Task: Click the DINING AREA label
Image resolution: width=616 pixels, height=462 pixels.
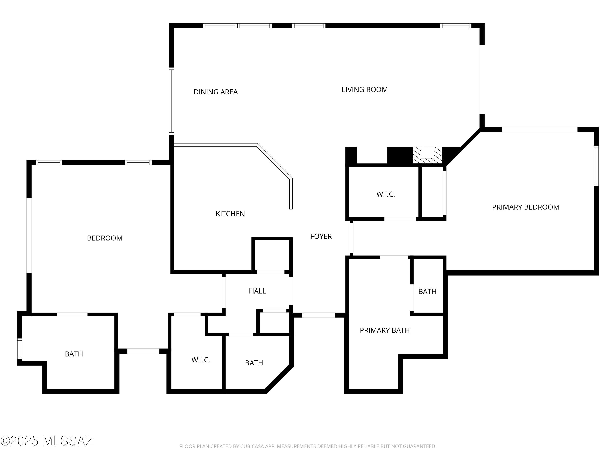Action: pyautogui.click(x=216, y=92)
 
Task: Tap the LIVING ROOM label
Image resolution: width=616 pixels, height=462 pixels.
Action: pyautogui.click(x=365, y=90)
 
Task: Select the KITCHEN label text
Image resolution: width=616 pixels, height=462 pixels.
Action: pyautogui.click(x=230, y=214)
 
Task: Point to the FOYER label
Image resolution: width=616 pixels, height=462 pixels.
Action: pyautogui.click(x=321, y=236)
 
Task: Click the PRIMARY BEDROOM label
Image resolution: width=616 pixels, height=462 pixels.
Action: pyautogui.click(x=526, y=207)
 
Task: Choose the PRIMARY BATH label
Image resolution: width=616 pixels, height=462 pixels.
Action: pyautogui.click(x=385, y=330)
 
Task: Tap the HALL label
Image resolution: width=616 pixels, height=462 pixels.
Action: pyautogui.click(x=257, y=291)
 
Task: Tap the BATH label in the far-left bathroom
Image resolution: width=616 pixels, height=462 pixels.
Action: pyautogui.click(x=74, y=354)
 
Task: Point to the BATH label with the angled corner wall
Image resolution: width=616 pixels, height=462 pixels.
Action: pyautogui.click(x=254, y=363)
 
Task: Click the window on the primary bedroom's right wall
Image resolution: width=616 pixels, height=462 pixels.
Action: pyautogui.click(x=596, y=166)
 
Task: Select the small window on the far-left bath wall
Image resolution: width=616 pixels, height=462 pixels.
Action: pyautogui.click(x=20, y=349)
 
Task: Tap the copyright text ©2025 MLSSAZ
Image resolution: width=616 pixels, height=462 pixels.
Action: pyautogui.click(x=47, y=441)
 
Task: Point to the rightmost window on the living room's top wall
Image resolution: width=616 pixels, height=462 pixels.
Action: pyautogui.click(x=456, y=26)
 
